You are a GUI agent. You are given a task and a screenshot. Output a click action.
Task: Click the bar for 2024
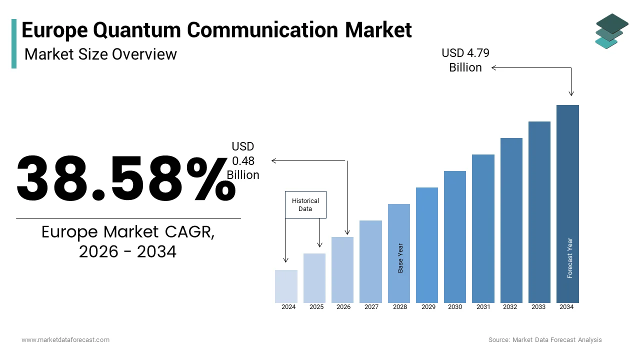point(286,286)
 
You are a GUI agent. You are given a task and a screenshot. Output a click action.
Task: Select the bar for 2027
point(370,261)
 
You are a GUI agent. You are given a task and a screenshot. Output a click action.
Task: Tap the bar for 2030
point(455,236)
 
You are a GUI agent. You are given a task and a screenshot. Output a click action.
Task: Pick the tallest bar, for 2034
point(567,203)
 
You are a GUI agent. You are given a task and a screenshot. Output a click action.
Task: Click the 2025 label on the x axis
point(316,307)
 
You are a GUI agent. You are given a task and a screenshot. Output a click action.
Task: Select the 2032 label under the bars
point(510,307)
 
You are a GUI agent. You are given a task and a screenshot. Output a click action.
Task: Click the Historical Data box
point(305,204)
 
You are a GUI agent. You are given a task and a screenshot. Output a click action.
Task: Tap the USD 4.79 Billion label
point(465,60)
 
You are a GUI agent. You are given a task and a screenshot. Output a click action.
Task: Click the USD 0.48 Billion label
point(243,160)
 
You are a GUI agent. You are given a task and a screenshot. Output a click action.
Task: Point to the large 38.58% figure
point(126,178)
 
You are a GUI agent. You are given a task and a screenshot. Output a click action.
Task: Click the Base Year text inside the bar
point(400,258)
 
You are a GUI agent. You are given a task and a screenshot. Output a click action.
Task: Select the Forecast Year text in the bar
point(570,258)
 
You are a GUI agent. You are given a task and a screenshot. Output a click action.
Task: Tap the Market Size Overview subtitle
point(100,54)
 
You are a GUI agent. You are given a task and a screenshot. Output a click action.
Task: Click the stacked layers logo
point(612,31)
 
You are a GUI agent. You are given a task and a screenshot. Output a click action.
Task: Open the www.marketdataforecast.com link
point(65,340)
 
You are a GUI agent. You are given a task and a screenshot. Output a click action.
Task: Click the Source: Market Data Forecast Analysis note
point(545,340)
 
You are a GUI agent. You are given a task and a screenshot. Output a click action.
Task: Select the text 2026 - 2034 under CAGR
point(128,252)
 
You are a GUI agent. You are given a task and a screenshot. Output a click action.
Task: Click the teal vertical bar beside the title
point(14,43)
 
